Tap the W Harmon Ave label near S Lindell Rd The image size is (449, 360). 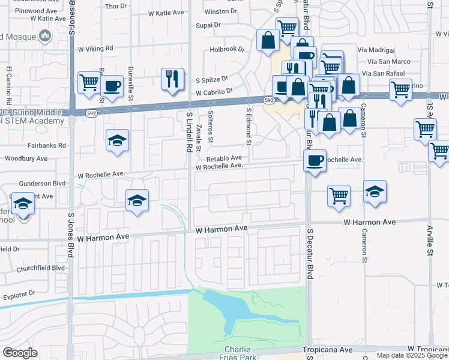point(221,229)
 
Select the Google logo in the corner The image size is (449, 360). point(20,353)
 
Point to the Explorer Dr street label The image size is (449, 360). point(20,295)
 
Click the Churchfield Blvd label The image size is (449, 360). point(41,268)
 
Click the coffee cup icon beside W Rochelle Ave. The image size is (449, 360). point(315,161)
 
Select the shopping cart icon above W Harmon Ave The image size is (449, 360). point(339,196)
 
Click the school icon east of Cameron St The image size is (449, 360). point(375,192)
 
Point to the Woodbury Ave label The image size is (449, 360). point(26,159)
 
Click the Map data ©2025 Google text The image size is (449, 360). point(412,355)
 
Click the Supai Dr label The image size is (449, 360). point(209,26)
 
